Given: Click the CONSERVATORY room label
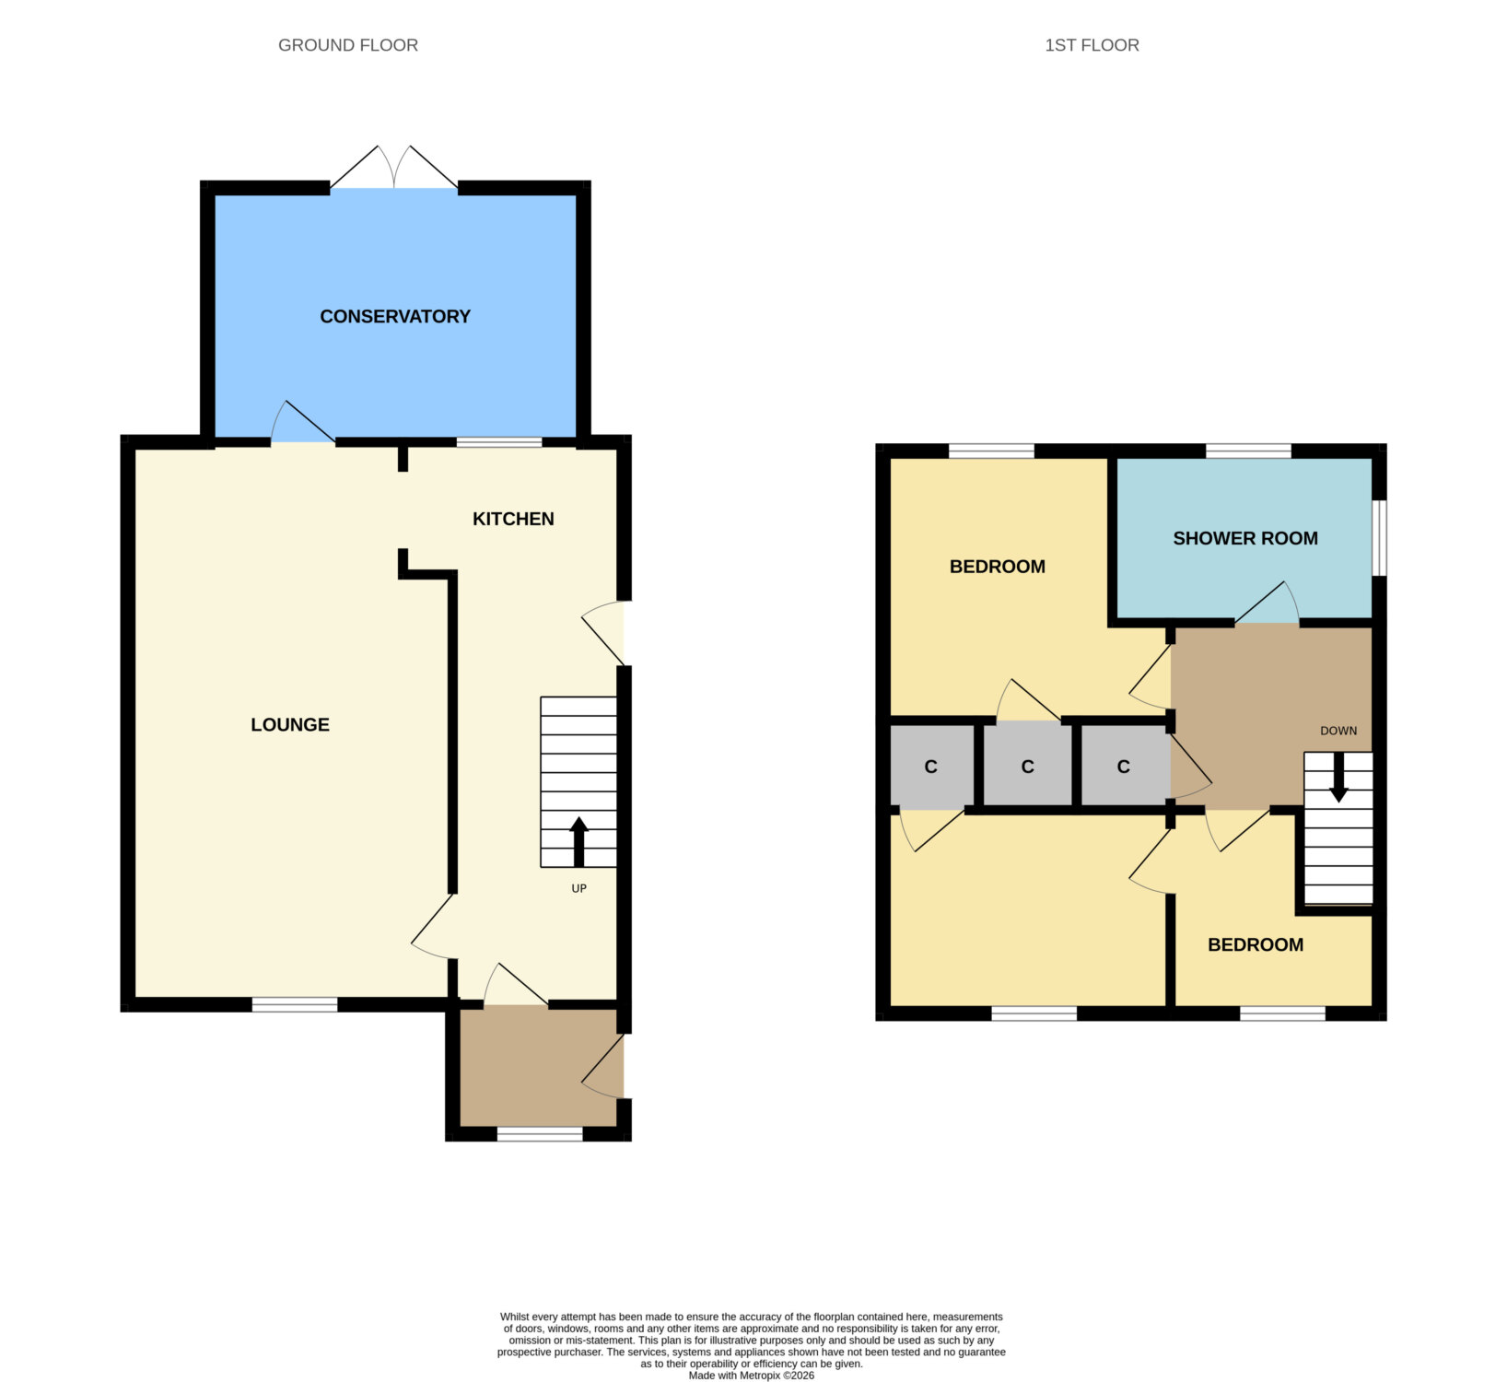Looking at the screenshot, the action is (395, 316).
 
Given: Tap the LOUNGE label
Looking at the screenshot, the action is (290, 724).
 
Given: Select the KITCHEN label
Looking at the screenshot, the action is (513, 519).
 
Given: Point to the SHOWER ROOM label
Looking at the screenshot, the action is (1245, 538).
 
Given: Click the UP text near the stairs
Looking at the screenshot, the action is (578, 888).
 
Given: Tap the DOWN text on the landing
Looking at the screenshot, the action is (1338, 731).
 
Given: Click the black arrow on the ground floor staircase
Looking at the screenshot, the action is (579, 841).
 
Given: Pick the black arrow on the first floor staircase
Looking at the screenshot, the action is (1338, 778).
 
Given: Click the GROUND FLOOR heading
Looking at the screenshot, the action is (348, 45).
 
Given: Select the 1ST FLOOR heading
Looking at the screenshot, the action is (1092, 45).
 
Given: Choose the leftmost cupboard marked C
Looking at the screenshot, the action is (931, 767).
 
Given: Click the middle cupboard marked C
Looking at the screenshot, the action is (1028, 766).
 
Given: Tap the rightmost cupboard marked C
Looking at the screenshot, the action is (1124, 766).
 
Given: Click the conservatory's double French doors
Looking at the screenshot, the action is (394, 168).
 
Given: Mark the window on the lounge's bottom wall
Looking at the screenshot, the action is (295, 1004).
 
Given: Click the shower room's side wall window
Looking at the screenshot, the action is (1379, 538).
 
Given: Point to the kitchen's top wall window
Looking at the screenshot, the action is (499, 442).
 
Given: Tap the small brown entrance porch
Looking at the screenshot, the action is (539, 1068).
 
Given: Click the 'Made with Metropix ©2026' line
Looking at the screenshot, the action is (752, 1376).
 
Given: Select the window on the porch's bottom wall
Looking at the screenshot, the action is (540, 1134).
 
